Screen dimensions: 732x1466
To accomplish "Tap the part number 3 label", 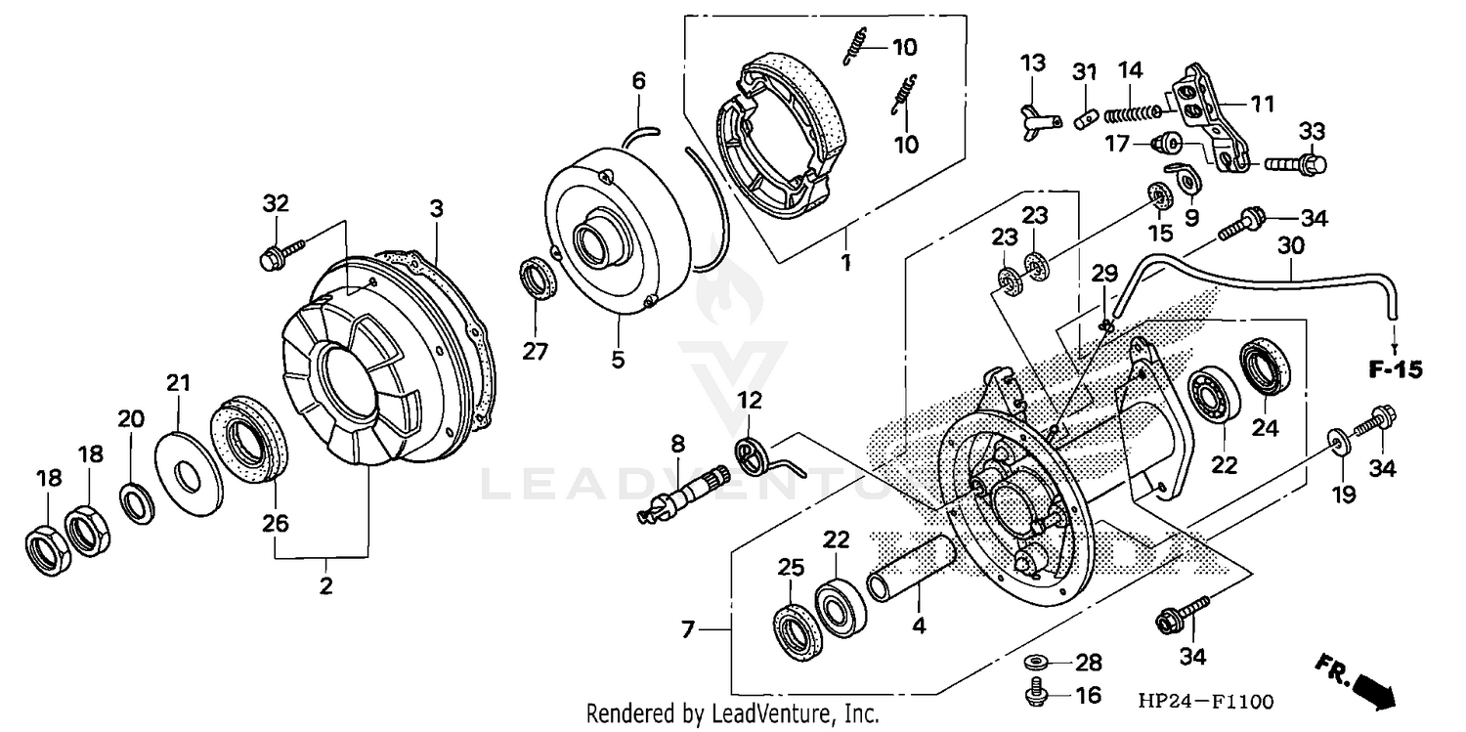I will pos(437,208).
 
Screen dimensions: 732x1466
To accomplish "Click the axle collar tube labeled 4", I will pos(909,572).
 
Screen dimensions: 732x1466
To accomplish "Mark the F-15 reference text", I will pos(1395,370).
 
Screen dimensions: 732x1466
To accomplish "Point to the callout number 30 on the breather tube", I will pos(1290,250).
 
